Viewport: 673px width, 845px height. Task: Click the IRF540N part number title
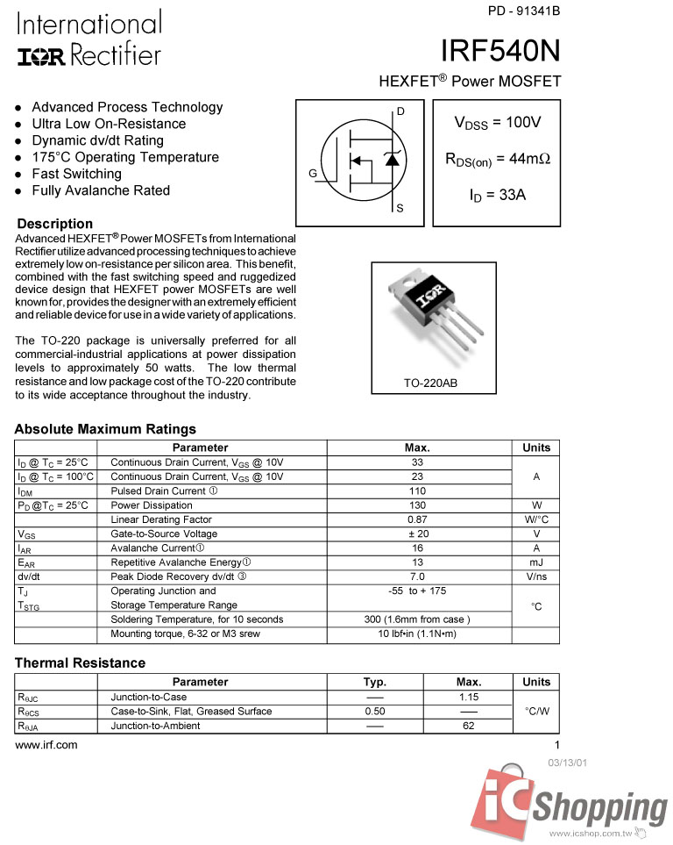[500, 51]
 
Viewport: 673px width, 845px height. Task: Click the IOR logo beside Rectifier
[40, 57]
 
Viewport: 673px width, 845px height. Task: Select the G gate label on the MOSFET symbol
[312, 174]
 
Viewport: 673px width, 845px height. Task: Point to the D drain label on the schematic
[400, 111]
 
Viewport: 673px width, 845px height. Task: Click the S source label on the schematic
[400, 209]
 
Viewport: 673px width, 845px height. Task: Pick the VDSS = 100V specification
[497, 123]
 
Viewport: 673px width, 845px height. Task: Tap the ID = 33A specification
[497, 195]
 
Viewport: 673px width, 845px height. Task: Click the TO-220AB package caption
[430, 384]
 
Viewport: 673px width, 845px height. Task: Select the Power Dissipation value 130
[417, 505]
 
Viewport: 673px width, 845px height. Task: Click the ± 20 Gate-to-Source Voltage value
[417, 533]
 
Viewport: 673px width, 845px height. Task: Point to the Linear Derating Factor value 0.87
[417, 519]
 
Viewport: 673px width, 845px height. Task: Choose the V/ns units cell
[536, 576]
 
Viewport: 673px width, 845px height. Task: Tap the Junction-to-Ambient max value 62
[469, 726]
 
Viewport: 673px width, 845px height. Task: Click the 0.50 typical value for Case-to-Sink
[375, 712]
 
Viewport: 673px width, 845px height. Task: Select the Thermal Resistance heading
[80, 662]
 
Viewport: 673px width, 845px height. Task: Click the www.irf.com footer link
[46, 745]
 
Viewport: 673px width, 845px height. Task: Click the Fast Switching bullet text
[76, 174]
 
